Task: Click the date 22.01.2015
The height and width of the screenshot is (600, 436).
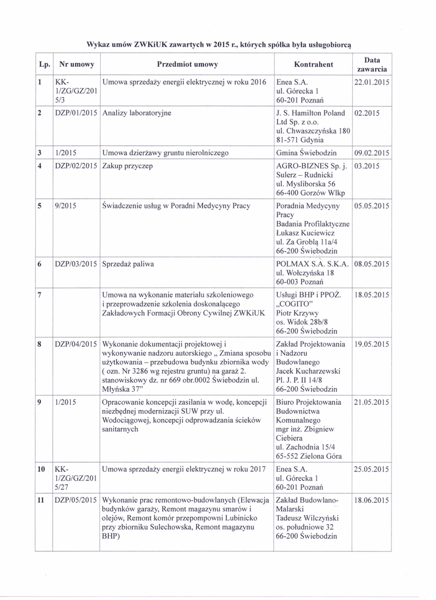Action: (372, 82)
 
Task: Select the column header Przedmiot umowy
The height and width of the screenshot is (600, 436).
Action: (187, 64)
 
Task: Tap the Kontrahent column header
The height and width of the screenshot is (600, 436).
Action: (313, 64)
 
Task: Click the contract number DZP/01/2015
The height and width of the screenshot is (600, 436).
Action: (76, 112)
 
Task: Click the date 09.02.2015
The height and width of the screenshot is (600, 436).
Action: (372, 154)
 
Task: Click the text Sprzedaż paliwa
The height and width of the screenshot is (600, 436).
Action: (128, 264)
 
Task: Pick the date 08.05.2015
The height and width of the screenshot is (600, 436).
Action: (372, 264)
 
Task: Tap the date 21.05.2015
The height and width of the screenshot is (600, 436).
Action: (372, 402)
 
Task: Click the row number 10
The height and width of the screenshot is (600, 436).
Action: (41, 469)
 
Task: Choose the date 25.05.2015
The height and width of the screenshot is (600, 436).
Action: (372, 469)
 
